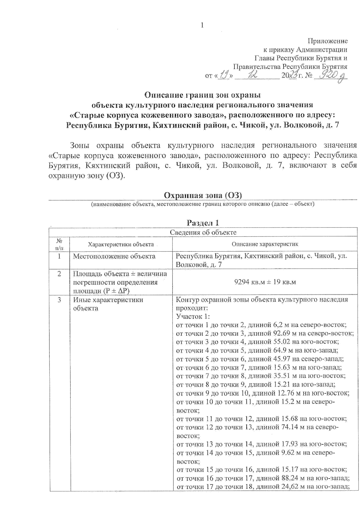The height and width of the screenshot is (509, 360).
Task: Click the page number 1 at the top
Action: click(202, 25)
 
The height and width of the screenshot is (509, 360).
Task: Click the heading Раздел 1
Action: click(203, 223)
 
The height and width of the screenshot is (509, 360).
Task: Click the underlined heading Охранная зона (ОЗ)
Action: click(203, 195)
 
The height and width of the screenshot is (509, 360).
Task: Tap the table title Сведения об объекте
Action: click(203, 232)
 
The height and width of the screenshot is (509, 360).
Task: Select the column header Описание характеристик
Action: click(265, 244)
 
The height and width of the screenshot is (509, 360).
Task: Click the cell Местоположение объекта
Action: click(114, 256)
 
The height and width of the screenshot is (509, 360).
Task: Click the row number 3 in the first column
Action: click(59, 300)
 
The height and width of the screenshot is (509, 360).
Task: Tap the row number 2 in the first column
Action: click(59, 274)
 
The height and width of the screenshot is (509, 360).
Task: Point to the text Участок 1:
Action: click(193, 317)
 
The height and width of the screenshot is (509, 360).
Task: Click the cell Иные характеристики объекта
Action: click(108, 304)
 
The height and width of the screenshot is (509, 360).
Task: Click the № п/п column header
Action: click(59, 244)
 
